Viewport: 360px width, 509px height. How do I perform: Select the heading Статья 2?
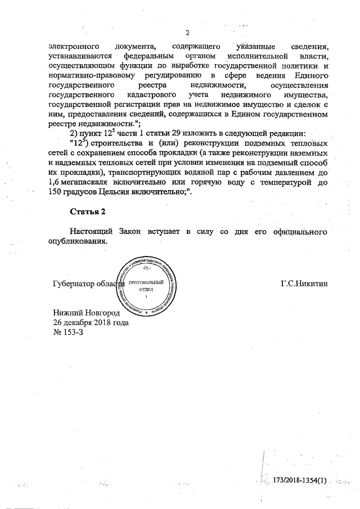(88, 211)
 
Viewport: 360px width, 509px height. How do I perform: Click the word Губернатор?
(73, 283)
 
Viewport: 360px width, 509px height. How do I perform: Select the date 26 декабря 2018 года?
(91, 322)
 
